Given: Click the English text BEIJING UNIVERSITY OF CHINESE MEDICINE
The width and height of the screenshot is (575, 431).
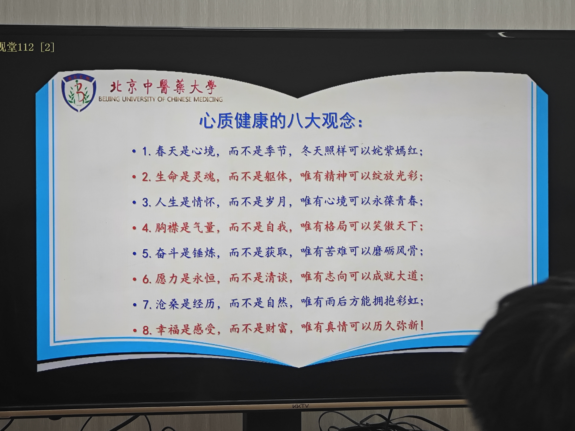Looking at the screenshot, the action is (161, 99).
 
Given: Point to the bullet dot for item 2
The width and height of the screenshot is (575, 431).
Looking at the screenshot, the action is (134, 177).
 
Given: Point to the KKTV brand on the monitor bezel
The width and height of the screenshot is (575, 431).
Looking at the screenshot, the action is (301, 406).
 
